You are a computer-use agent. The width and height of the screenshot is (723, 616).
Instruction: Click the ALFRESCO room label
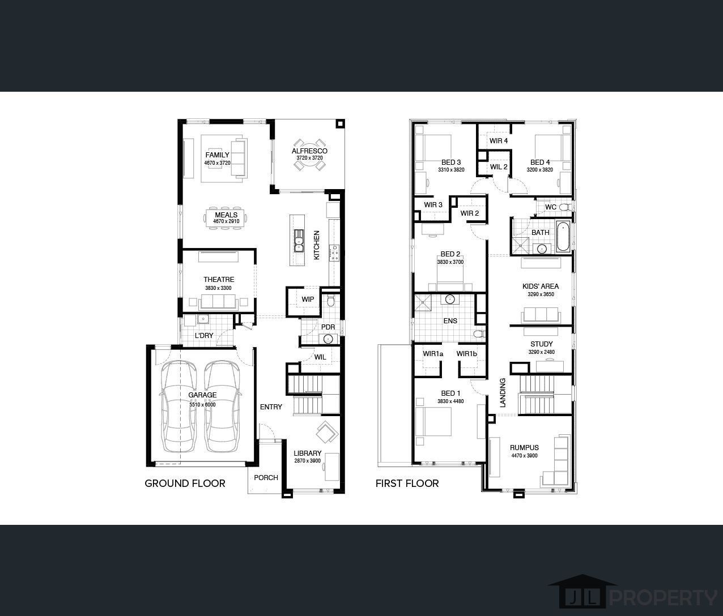pyautogui.click(x=309, y=151)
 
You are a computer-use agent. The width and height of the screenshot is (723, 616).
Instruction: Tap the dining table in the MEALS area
pyautogui.click(x=226, y=218)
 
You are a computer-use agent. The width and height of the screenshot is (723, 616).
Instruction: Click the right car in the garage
pyautogui.click(x=222, y=407)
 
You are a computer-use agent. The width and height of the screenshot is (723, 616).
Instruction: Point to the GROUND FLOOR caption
pyautogui.click(x=185, y=483)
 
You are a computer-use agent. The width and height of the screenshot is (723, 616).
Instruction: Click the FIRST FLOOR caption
pyautogui.click(x=407, y=483)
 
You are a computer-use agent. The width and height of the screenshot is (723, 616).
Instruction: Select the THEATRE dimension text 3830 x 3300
pyautogui.click(x=218, y=288)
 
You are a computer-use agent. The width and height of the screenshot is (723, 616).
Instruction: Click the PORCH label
pyautogui.click(x=266, y=477)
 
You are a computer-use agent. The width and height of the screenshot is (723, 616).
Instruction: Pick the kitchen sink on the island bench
pyautogui.click(x=298, y=240)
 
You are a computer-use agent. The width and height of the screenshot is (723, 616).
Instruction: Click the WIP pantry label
pyautogui.click(x=308, y=300)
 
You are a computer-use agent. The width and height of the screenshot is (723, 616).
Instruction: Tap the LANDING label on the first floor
pyautogui.click(x=503, y=393)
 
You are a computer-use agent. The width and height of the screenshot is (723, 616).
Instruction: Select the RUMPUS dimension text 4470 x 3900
pyautogui.click(x=524, y=456)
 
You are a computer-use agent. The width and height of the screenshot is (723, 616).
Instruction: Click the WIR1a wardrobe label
pyautogui.click(x=433, y=354)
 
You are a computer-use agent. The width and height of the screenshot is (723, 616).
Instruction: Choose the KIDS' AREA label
pyautogui.click(x=540, y=286)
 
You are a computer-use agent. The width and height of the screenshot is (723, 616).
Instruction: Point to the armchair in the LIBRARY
pyautogui.click(x=326, y=433)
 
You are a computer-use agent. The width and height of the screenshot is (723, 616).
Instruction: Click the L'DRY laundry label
pyautogui.click(x=204, y=336)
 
